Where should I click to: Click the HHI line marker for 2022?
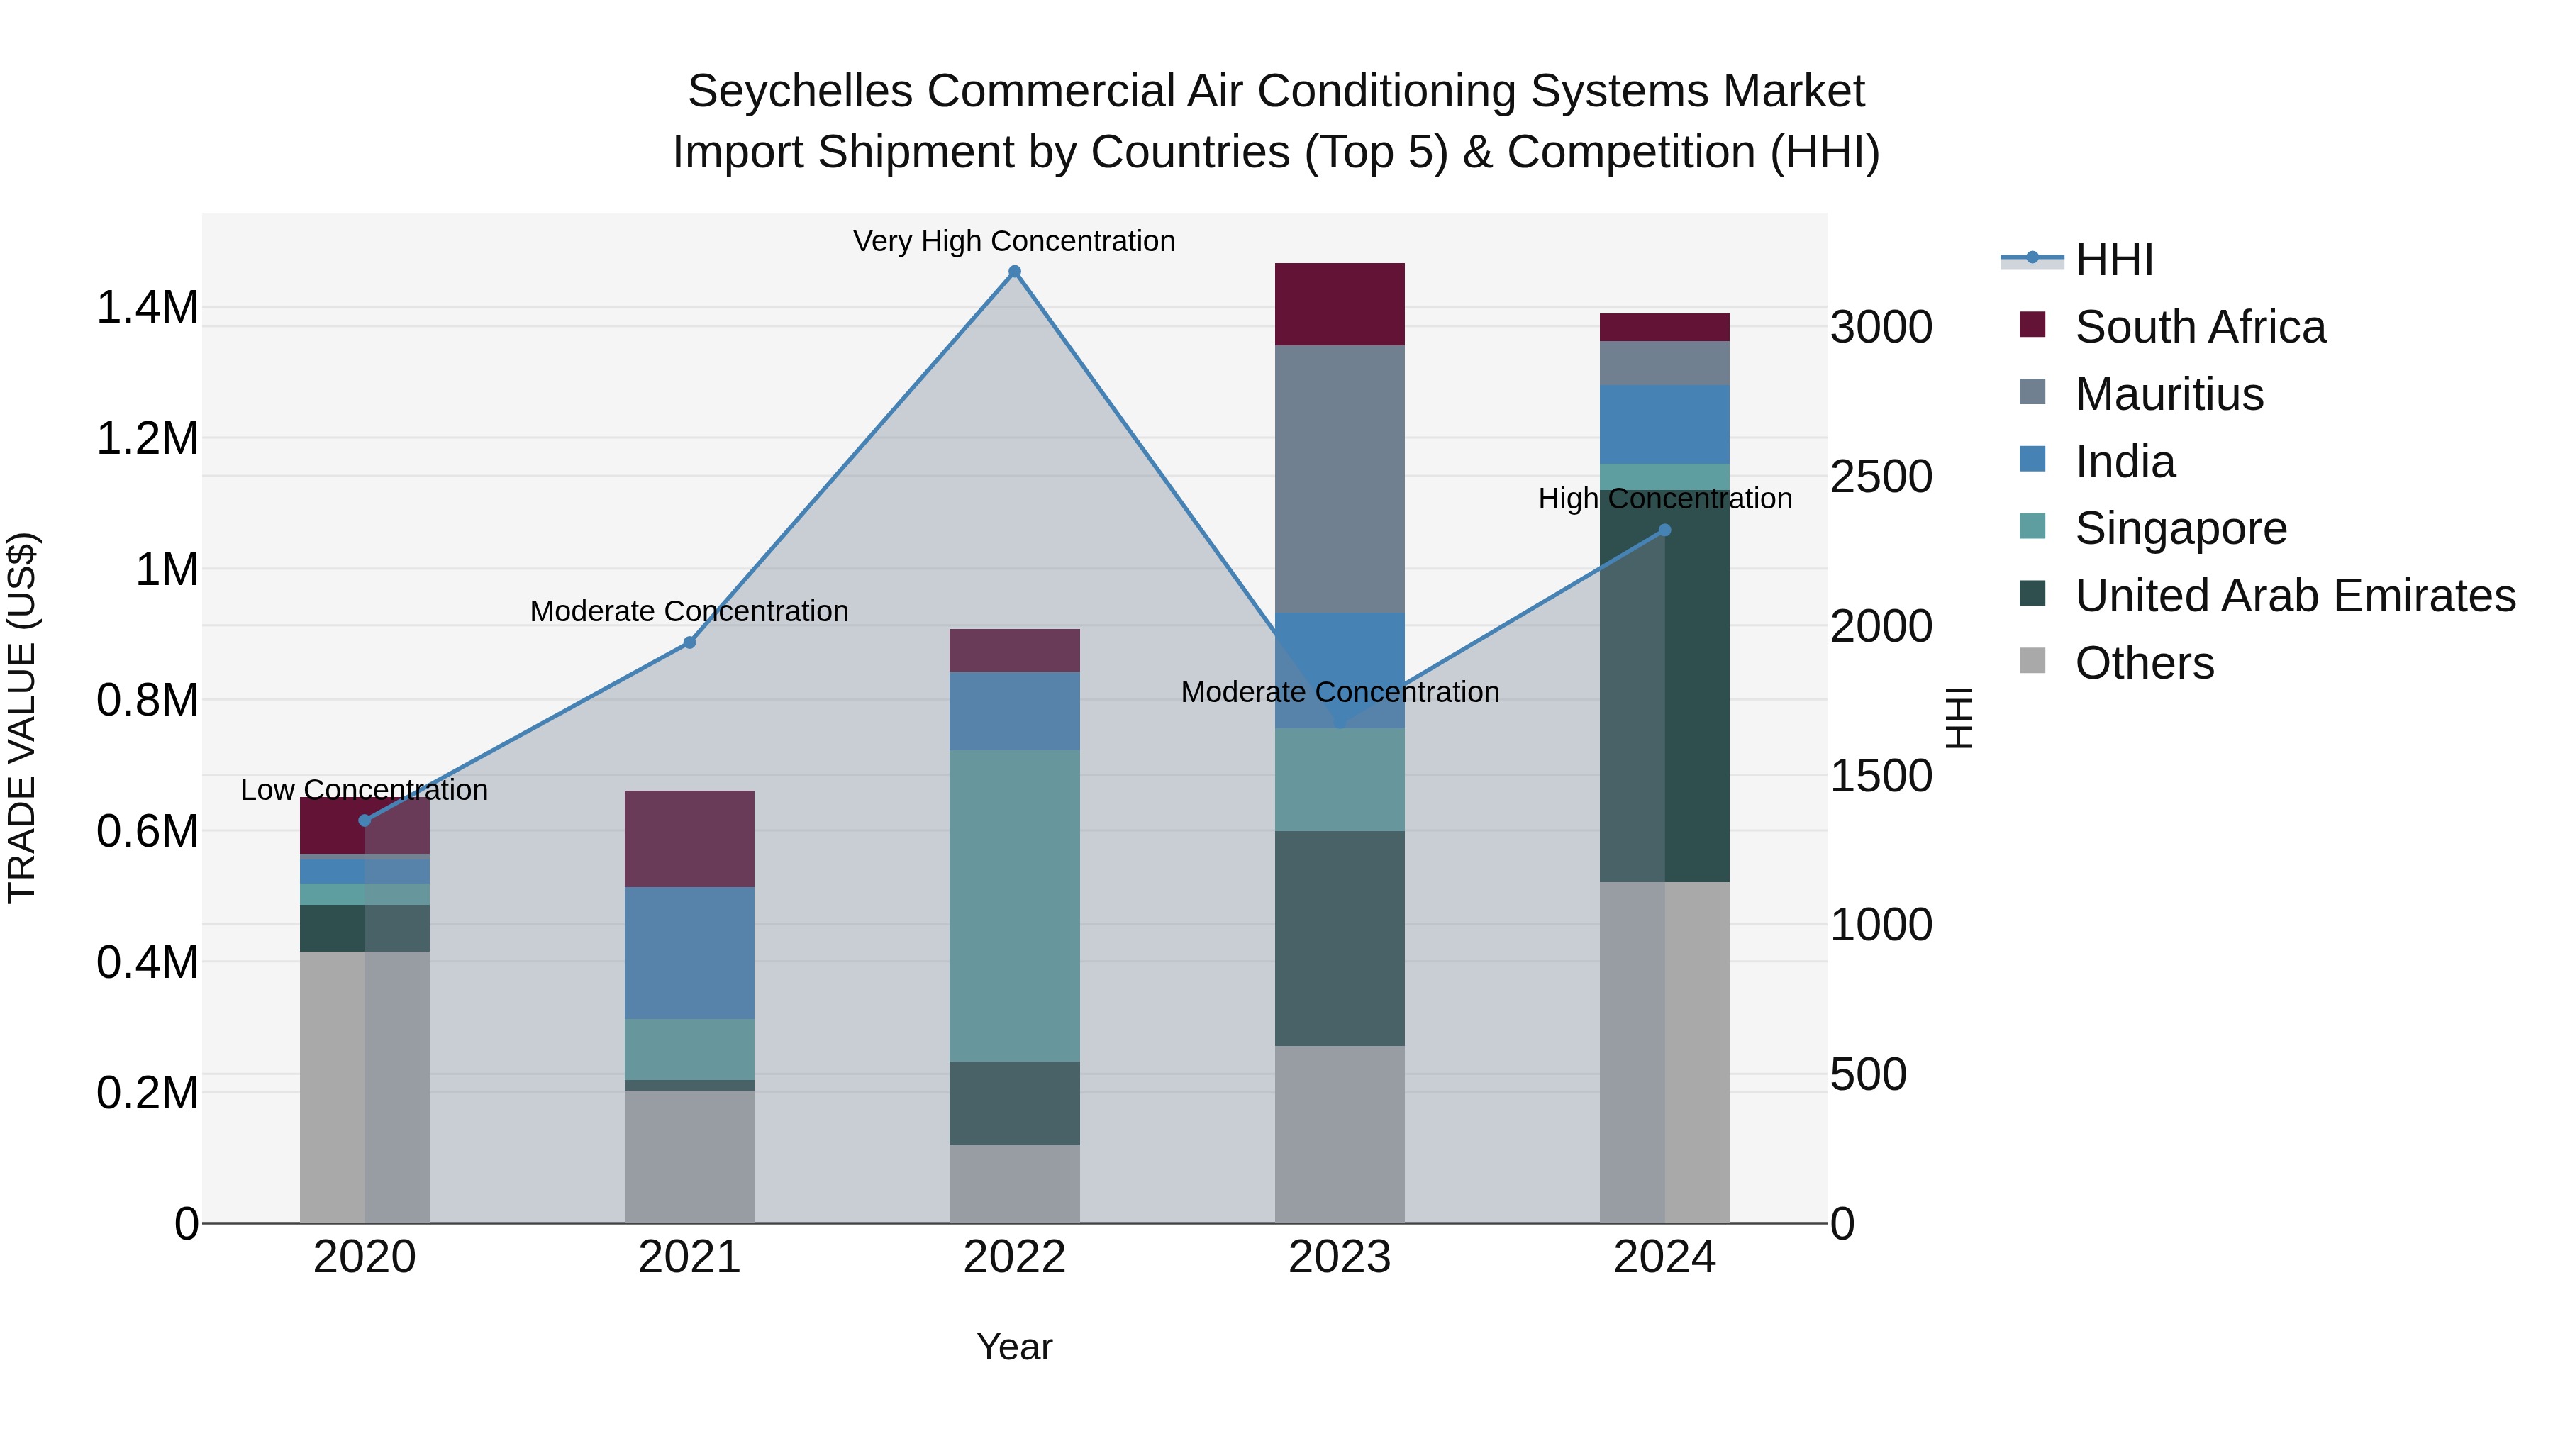pyautogui.click(x=1014, y=272)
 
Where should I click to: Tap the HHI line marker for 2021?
pyautogui.click(x=690, y=642)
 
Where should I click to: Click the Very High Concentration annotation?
pyautogui.click(x=1014, y=241)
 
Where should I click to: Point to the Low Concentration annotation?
pyautogui.click(x=364, y=790)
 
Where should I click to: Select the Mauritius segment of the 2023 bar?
pyautogui.click(x=1339, y=479)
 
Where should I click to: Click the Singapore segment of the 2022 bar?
pyautogui.click(x=1014, y=905)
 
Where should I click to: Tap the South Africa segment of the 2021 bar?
pyautogui.click(x=690, y=838)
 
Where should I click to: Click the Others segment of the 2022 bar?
pyautogui.click(x=1014, y=1184)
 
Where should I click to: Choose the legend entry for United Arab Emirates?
pyautogui.click(x=2294, y=596)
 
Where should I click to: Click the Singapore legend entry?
pyautogui.click(x=2181, y=528)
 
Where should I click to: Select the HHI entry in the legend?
pyautogui.click(x=2113, y=260)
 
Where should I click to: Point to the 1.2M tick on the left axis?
pyautogui.click(x=148, y=438)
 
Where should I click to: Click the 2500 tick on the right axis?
pyautogui.click(x=1880, y=477)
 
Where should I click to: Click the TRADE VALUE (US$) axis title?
pyautogui.click(x=22, y=718)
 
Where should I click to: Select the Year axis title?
pyautogui.click(x=1014, y=1347)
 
